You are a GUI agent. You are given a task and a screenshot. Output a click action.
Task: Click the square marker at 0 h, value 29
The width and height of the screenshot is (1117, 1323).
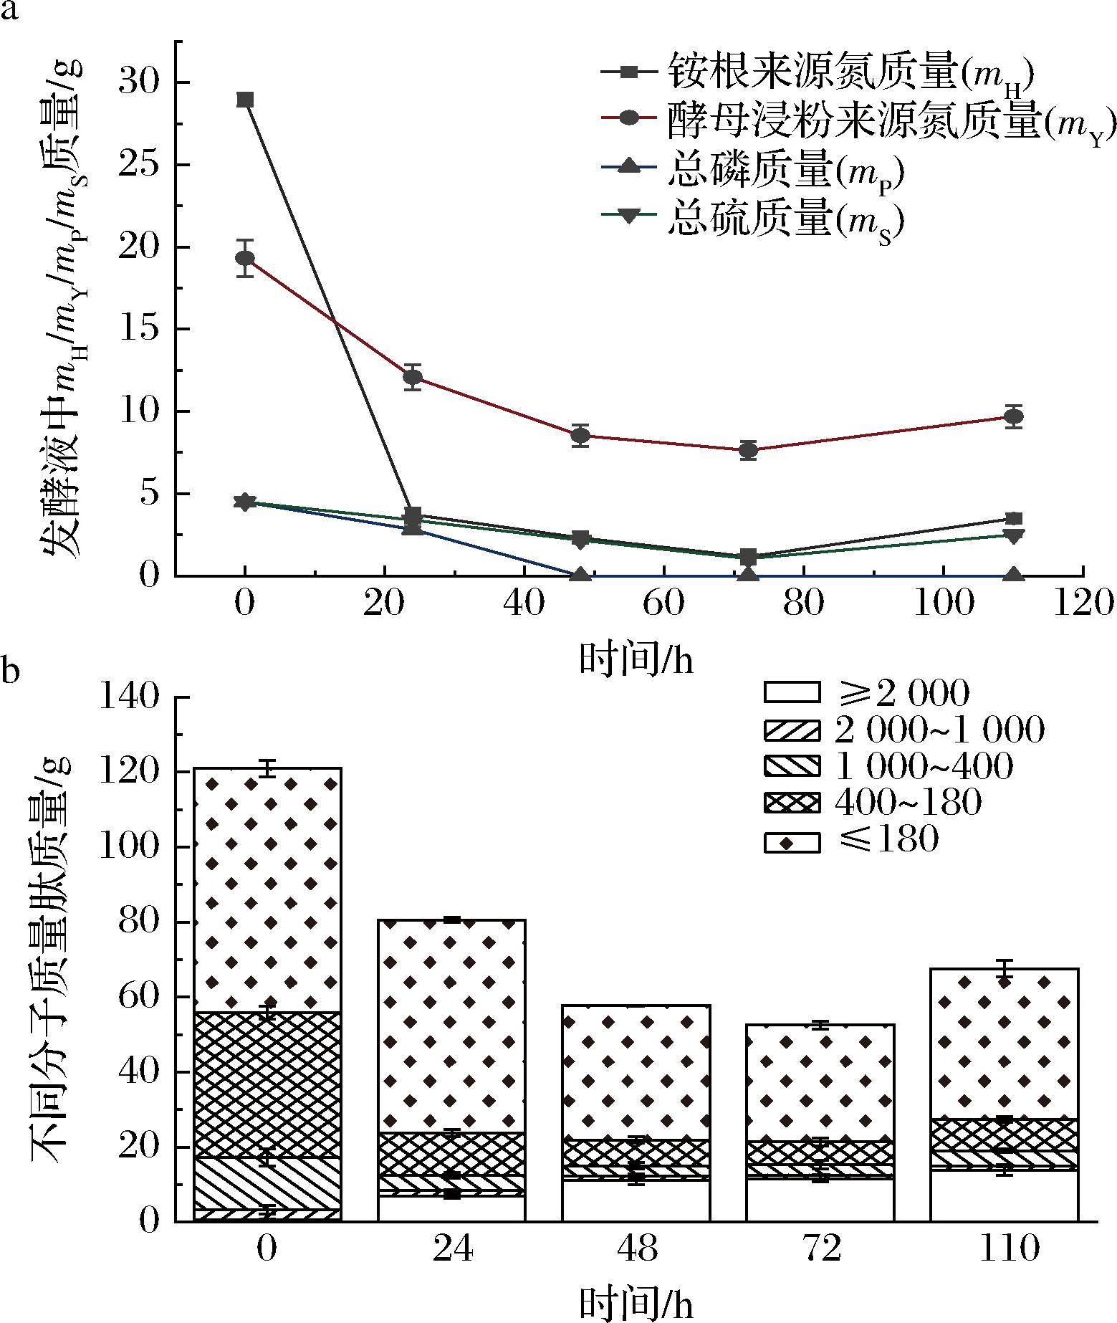click(x=245, y=100)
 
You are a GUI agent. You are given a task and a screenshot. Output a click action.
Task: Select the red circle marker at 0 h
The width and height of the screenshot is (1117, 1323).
click(x=245, y=258)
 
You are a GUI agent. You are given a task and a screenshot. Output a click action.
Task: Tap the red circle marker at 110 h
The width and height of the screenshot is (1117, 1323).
click(x=1013, y=416)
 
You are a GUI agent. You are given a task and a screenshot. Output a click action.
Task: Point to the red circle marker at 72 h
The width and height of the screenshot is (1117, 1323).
click(x=749, y=450)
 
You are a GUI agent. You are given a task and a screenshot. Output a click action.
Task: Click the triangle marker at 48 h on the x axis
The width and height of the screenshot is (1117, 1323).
click(x=581, y=575)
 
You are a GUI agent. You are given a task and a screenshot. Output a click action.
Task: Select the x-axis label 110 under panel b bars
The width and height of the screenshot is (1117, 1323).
click(x=1005, y=1249)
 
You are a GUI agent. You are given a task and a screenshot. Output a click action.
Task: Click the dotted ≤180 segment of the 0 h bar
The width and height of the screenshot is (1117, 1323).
click(x=267, y=889)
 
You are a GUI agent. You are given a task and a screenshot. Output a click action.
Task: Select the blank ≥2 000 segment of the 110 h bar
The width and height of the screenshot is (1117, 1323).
click(x=1005, y=1197)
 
